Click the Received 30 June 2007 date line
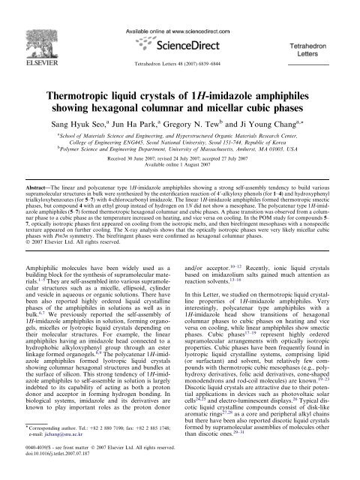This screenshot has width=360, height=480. coord(180,170)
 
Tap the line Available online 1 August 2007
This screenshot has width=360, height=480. coord(180,178)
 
